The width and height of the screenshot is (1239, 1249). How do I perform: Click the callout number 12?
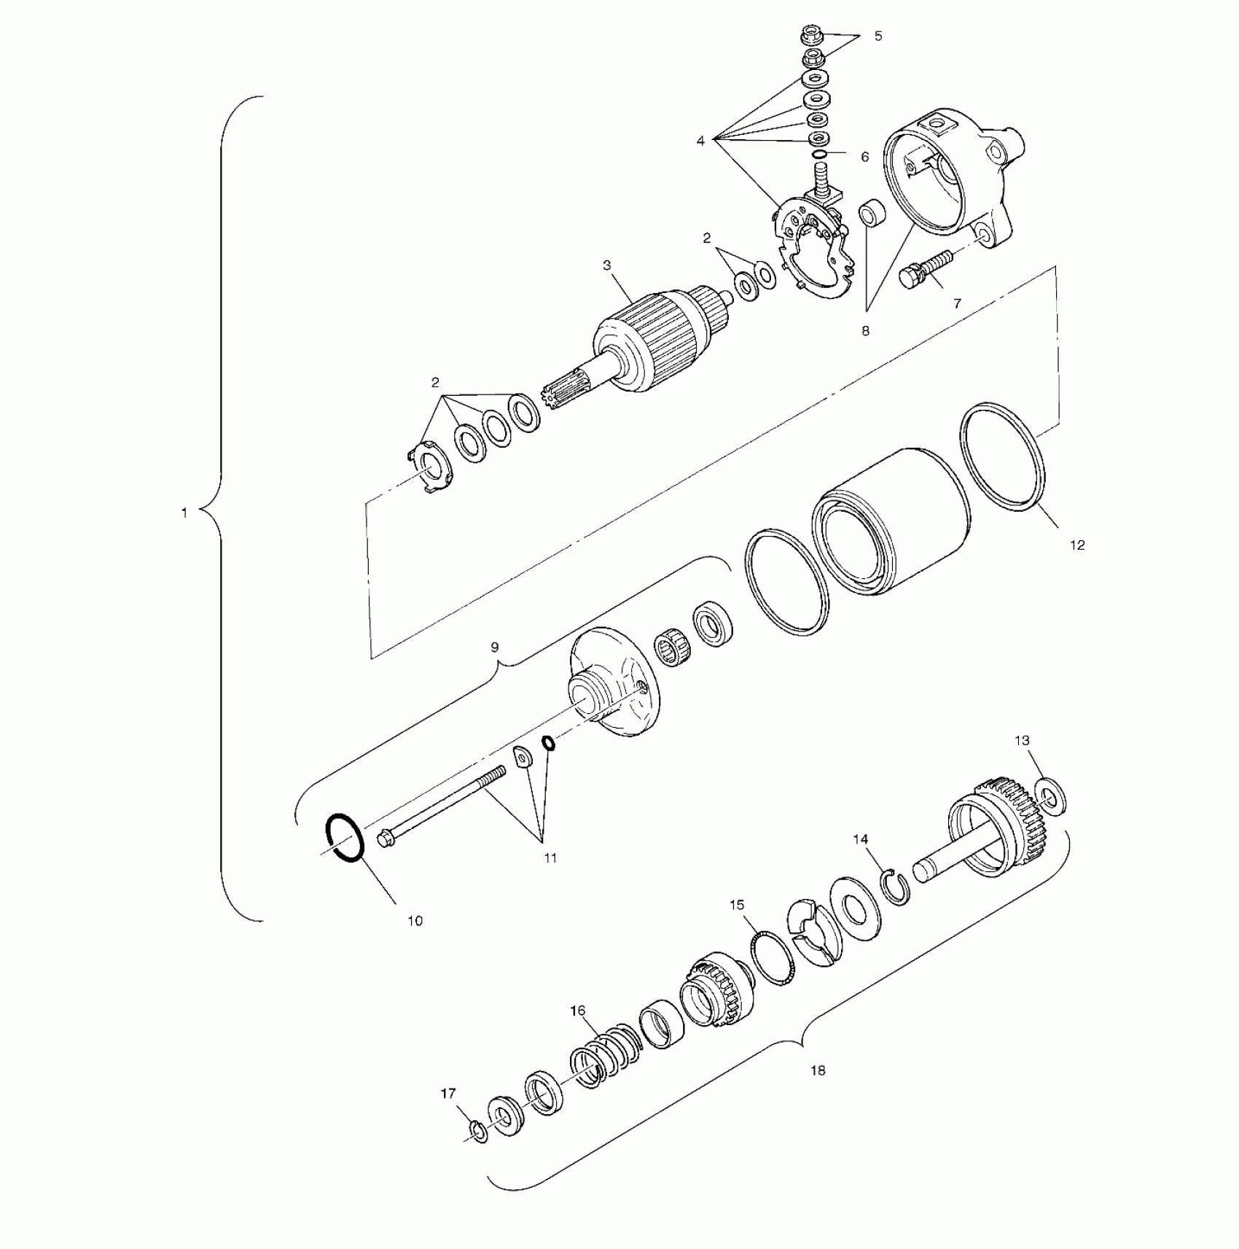click(1076, 545)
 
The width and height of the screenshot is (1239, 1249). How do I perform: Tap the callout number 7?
click(957, 303)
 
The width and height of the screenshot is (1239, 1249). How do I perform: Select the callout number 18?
click(818, 1070)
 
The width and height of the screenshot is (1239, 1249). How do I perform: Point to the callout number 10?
click(415, 921)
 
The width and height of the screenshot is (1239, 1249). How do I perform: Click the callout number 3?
click(607, 265)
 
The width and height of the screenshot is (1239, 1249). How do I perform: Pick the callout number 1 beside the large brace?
click(184, 513)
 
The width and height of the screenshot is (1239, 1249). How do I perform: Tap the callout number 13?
click(1022, 740)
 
